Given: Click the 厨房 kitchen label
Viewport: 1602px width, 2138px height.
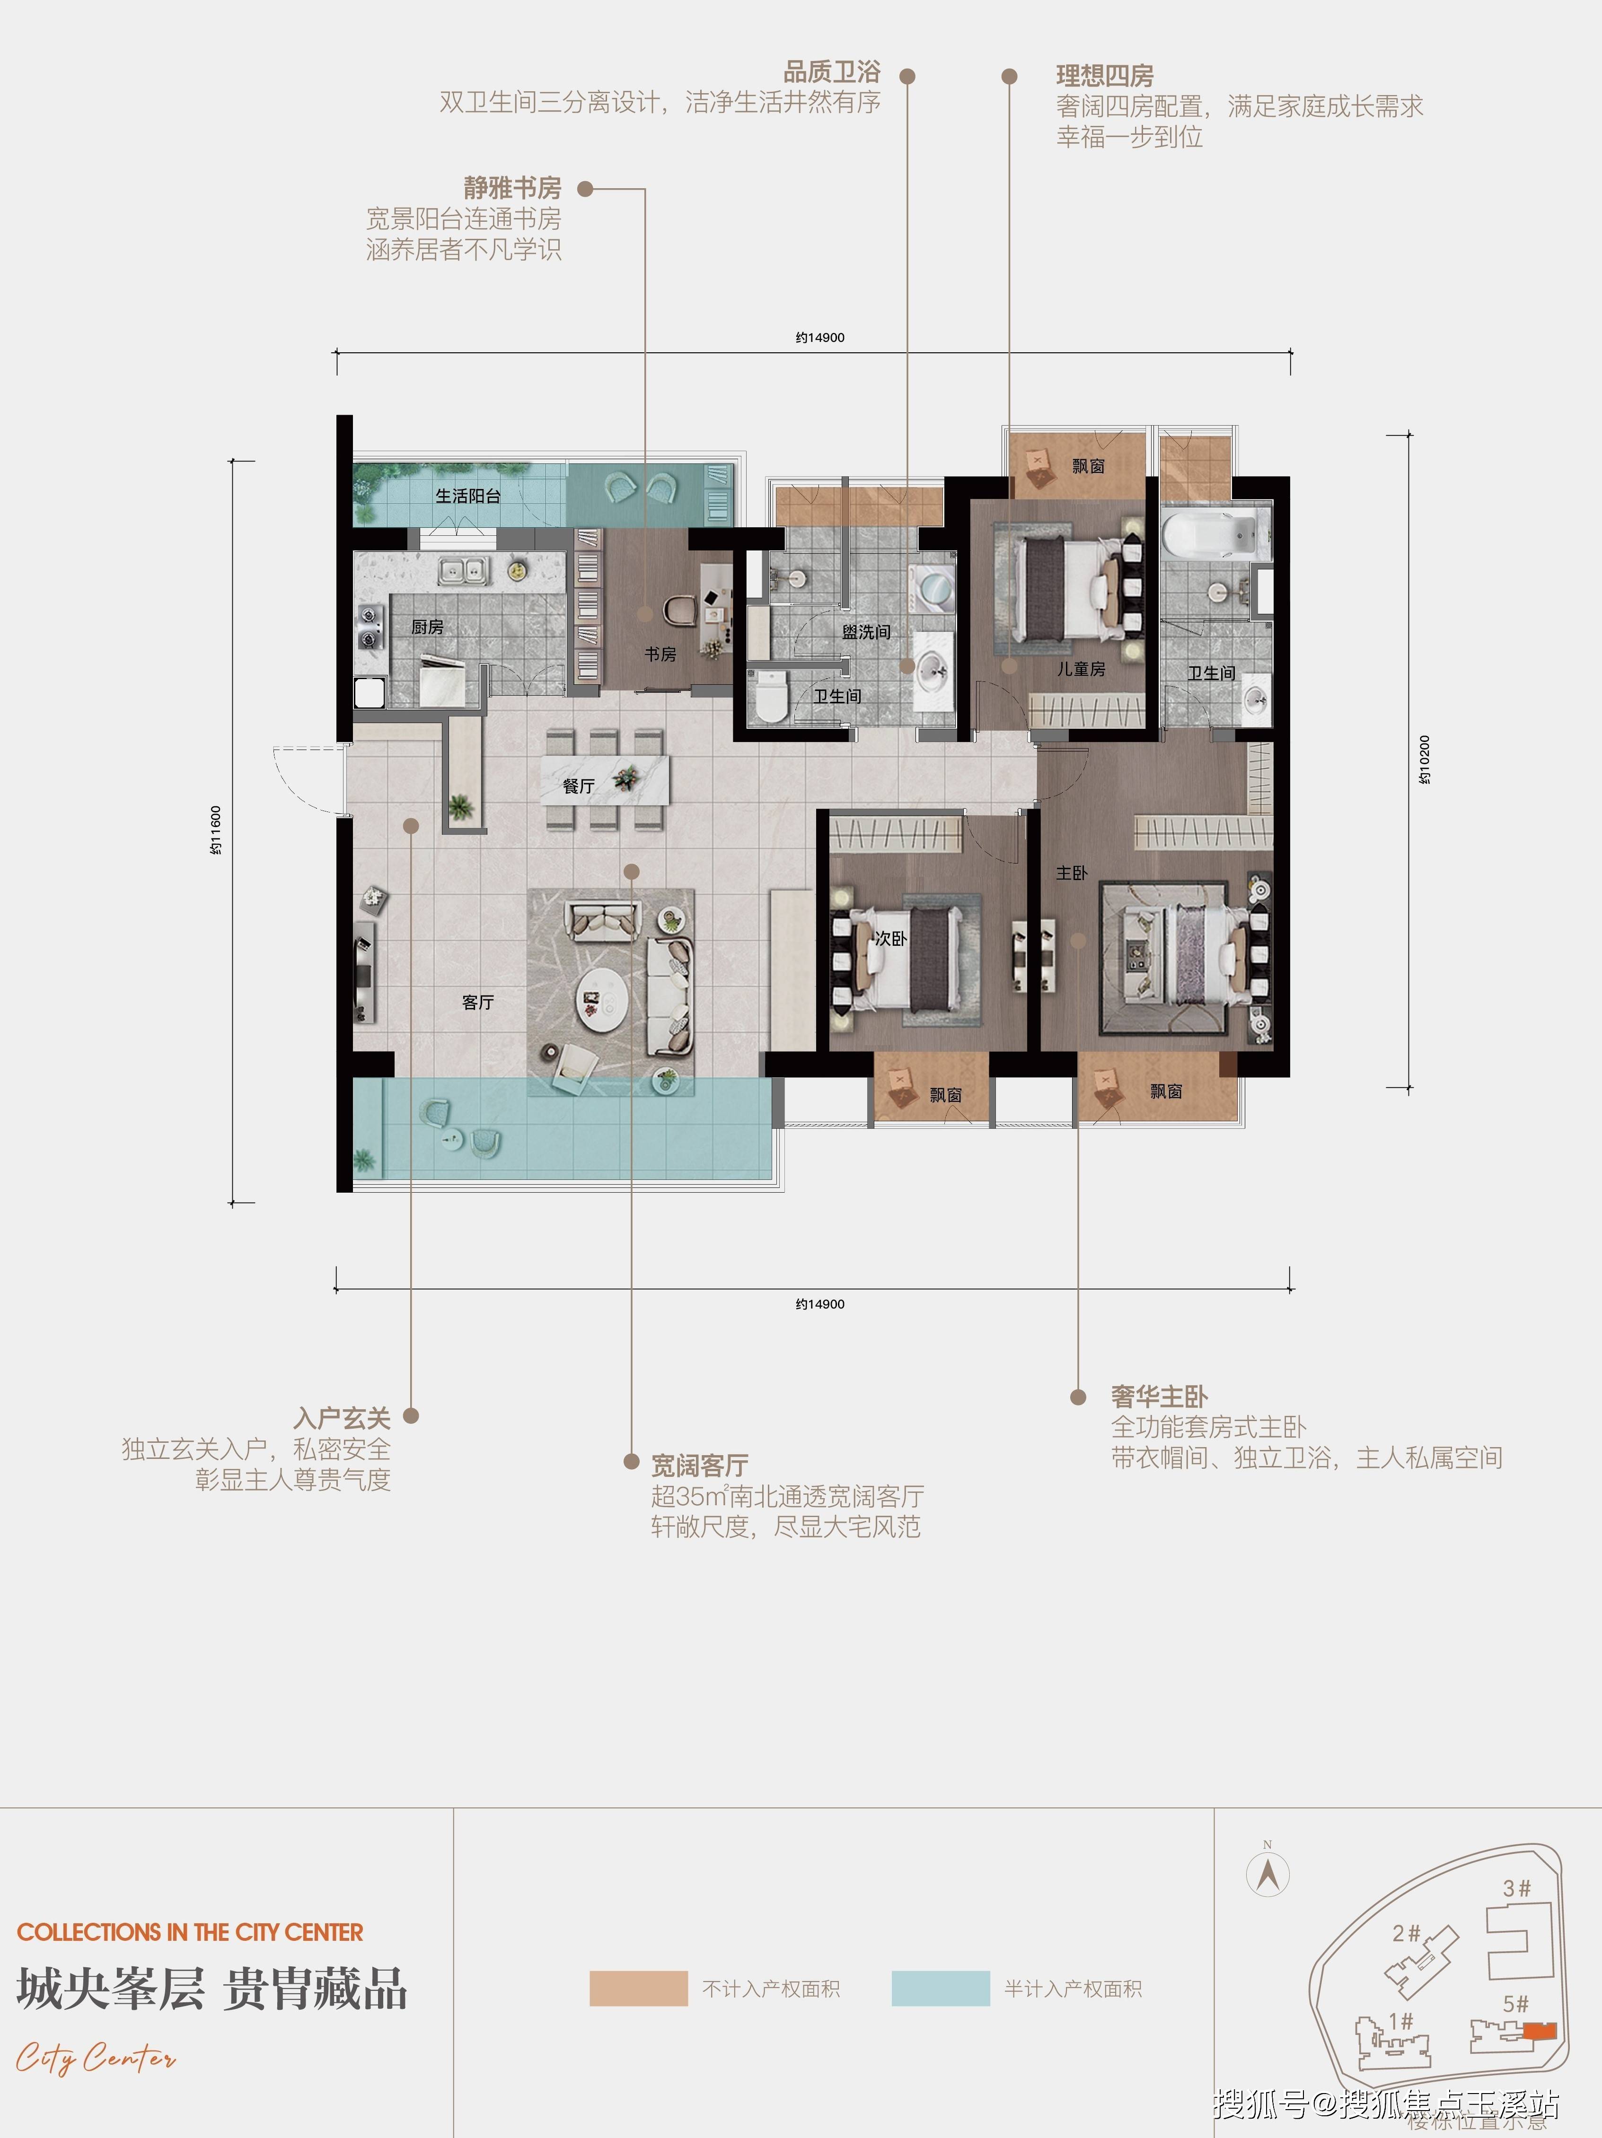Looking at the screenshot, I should [x=427, y=627].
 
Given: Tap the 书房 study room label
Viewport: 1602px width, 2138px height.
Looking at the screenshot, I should [x=660, y=654].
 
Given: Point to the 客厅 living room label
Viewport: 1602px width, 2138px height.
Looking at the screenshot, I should [x=477, y=1002].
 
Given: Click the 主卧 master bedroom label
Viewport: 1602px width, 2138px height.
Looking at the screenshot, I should [x=1071, y=873].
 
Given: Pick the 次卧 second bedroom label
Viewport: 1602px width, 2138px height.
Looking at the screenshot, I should [x=890, y=939].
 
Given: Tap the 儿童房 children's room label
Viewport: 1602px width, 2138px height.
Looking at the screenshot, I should [x=1081, y=669].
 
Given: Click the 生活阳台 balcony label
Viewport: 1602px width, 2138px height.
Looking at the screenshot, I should [x=468, y=496].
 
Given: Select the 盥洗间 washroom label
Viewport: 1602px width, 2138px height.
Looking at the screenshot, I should [x=866, y=632].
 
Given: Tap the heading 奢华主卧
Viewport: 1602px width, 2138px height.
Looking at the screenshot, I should [x=1159, y=1396].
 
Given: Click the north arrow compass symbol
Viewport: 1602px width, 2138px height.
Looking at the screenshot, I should [x=1268, y=1875].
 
